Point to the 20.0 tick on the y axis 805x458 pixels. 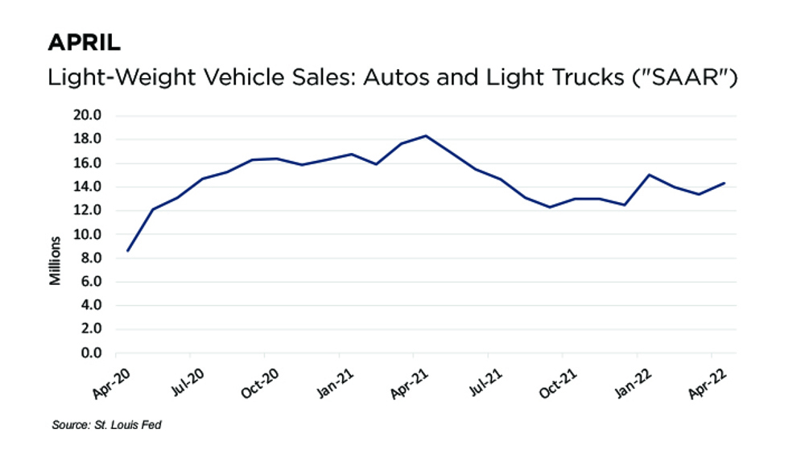[x=87, y=115]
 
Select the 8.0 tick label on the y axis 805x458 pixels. [x=89, y=258]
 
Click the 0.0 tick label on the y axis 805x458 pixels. [x=89, y=353]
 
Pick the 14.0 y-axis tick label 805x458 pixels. [x=87, y=187]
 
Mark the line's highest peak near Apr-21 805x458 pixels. [x=425, y=135]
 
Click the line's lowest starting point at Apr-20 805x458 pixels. [x=128, y=250]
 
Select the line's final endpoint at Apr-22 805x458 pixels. [x=724, y=183]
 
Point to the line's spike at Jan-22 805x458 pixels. [x=649, y=175]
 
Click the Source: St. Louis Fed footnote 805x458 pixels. [x=106, y=424]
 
